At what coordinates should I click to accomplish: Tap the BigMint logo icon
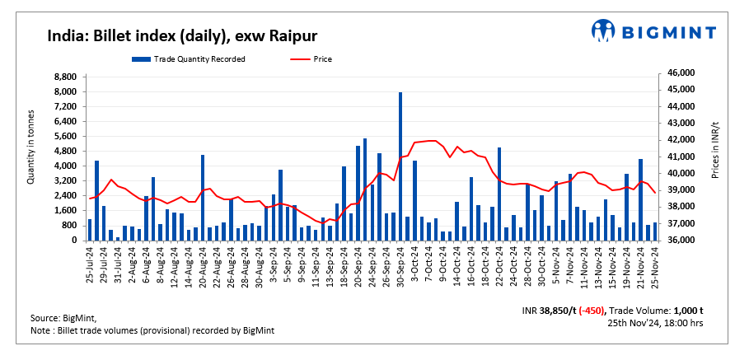(x=603, y=31)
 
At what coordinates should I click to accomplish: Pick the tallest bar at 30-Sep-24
(x=400, y=165)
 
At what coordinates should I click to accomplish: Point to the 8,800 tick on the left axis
(x=65, y=77)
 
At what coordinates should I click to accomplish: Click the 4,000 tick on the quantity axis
(x=65, y=166)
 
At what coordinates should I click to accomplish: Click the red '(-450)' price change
(x=591, y=311)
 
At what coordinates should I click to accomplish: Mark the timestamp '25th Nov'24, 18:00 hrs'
(x=654, y=323)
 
